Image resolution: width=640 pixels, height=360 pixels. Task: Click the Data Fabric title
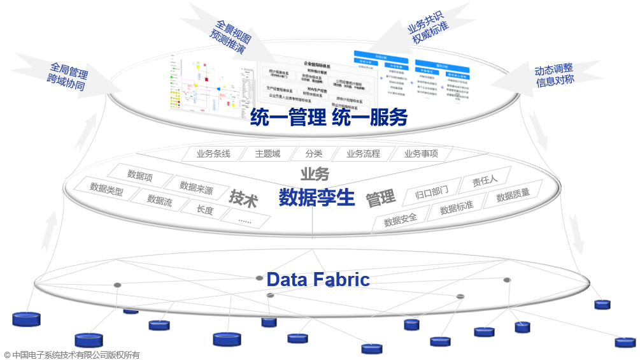(318, 279)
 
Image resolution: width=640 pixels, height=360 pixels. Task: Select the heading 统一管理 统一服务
(329, 117)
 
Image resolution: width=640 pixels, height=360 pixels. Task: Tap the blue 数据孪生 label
(316, 198)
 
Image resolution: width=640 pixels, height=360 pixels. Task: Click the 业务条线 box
(213, 154)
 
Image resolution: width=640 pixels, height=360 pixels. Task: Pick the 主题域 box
(267, 154)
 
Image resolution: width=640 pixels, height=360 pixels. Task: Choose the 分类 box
(313, 154)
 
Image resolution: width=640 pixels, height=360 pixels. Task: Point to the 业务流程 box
(363, 154)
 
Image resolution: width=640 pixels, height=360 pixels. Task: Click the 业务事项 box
(421, 154)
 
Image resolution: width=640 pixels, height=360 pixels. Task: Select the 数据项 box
(140, 175)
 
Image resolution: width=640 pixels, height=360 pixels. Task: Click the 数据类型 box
(106, 189)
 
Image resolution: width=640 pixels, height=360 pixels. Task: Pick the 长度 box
(205, 208)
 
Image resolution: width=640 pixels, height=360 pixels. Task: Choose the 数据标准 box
(457, 207)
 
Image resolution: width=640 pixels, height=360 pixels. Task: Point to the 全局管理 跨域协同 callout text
(66, 76)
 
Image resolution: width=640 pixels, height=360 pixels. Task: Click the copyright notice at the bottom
(71, 355)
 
